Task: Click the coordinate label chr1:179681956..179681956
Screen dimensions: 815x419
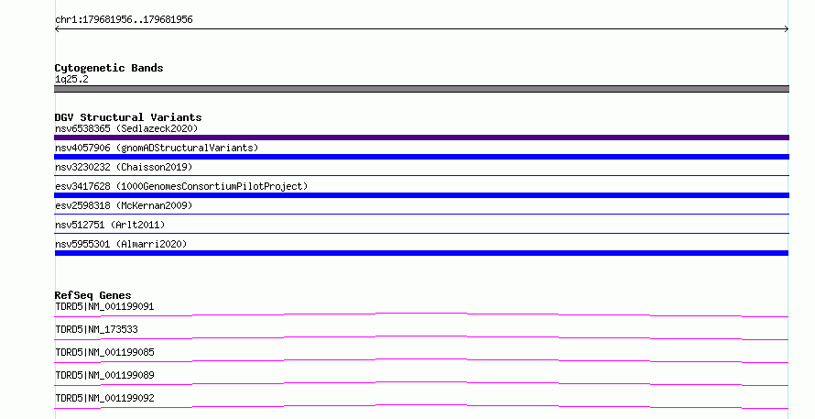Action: pyautogui.click(x=124, y=20)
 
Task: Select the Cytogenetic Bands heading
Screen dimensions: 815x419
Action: pyautogui.click(x=109, y=68)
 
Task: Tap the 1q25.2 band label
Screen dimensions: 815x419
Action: pyautogui.click(x=71, y=79)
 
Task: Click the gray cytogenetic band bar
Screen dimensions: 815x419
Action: pyautogui.click(x=421, y=89)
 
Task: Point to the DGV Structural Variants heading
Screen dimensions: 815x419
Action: pyautogui.click(x=128, y=117)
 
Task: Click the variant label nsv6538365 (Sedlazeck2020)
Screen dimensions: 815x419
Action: pyautogui.click(x=126, y=128)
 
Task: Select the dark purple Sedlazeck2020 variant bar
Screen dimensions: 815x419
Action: pyautogui.click(x=421, y=138)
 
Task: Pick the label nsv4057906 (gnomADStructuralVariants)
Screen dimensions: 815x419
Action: pyautogui.click(x=157, y=148)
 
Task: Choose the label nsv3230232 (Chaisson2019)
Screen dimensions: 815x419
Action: pyautogui.click(x=124, y=167)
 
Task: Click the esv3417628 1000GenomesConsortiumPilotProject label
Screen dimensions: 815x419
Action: pyautogui.click(x=181, y=186)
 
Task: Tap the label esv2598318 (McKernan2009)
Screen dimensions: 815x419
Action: pyautogui.click(x=124, y=205)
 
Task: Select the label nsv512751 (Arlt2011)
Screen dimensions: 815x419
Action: pyautogui.click(x=110, y=225)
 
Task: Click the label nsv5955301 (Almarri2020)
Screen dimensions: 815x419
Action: pyautogui.click(x=121, y=244)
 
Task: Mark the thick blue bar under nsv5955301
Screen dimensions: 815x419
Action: pyautogui.click(x=421, y=253)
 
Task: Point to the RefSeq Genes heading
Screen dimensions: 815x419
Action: pyautogui.click(x=93, y=295)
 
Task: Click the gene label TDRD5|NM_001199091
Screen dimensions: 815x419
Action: pyautogui.click(x=104, y=306)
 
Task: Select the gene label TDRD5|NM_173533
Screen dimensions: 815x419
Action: pyautogui.click(x=96, y=329)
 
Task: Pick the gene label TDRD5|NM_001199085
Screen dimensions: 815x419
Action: pyautogui.click(x=104, y=352)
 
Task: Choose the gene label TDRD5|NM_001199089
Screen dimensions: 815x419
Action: pyautogui.click(x=104, y=375)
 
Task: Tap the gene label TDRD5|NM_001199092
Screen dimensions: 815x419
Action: pyautogui.click(x=104, y=398)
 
